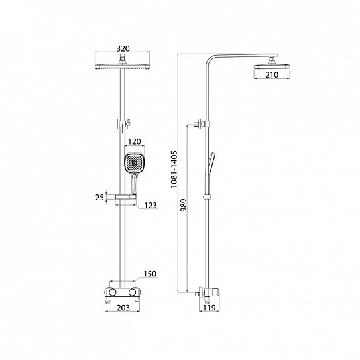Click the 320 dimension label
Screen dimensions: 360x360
[x=123, y=48]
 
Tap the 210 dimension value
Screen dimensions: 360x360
[x=272, y=75]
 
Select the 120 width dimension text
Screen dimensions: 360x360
[x=135, y=141]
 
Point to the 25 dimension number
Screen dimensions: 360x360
[x=99, y=197]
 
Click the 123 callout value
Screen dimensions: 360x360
[x=150, y=205]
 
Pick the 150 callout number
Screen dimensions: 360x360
[x=150, y=274]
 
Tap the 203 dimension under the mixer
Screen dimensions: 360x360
[x=123, y=308]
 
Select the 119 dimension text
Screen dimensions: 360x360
[x=210, y=308]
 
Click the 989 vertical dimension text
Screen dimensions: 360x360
[x=184, y=205]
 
